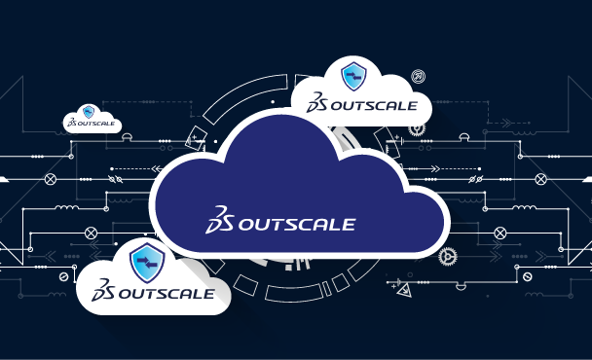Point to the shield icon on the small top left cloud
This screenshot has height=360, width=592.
click(90, 112)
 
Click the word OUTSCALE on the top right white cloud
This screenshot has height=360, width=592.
click(376, 105)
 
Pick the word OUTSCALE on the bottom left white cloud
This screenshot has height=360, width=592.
click(163, 292)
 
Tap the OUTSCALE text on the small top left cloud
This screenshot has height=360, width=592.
click(97, 125)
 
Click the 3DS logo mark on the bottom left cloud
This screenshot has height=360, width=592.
click(104, 291)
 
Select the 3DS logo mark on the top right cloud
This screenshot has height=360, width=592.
click(318, 104)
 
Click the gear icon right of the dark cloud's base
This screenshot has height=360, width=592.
click(448, 257)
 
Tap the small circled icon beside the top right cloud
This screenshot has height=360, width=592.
click(418, 75)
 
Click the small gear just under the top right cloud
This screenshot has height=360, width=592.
click(417, 128)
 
